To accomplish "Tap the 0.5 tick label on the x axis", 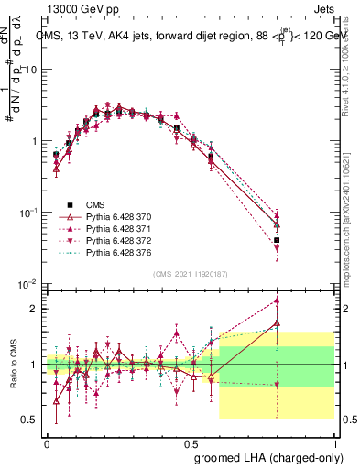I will click(x=190, y=442).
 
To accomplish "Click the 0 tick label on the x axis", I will click(x=47, y=442).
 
